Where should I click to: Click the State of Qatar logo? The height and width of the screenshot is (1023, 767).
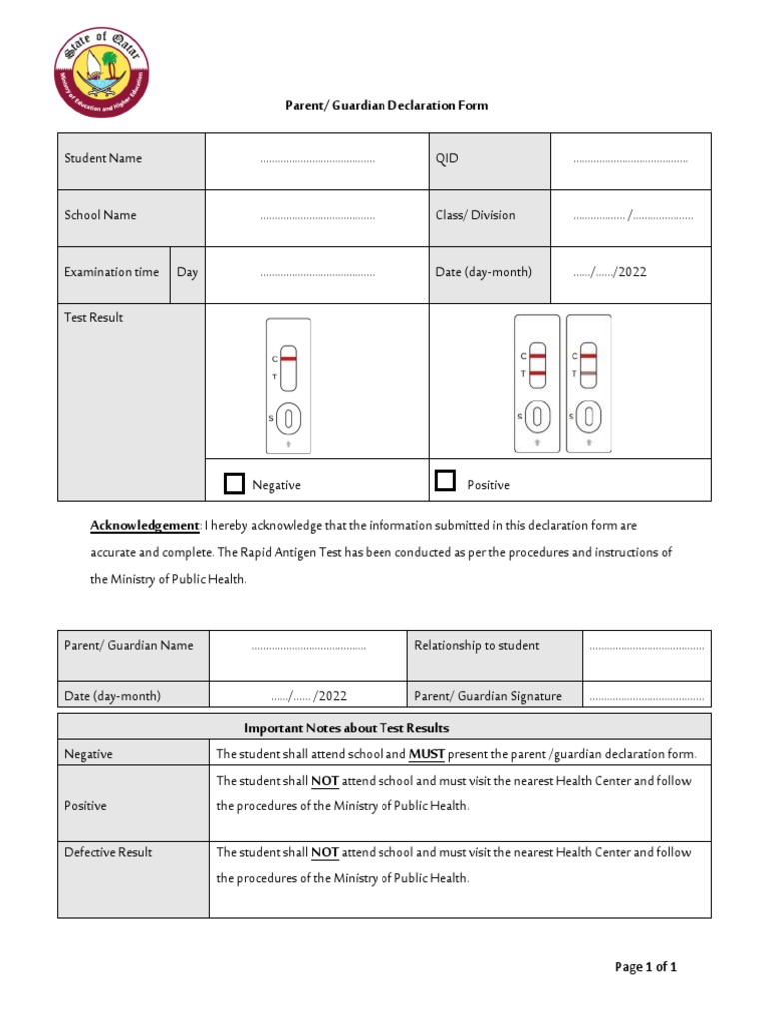click(100, 72)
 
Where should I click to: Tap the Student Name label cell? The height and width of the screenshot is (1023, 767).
click(103, 158)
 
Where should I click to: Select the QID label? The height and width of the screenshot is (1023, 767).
click(447, 158)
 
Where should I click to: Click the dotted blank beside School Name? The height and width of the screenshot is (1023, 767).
click(317, 216)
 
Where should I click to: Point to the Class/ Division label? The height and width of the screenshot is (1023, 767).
click(475, 215)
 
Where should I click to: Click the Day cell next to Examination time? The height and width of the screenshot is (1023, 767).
click(187, 272)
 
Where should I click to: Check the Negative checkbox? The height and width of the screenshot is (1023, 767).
click(234, 484)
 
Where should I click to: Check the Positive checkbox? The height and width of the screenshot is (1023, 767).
click(446, 481)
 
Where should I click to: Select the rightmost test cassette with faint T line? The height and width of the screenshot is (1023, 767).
click(588, 383)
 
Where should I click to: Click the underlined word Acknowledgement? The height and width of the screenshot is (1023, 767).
click(145, 525)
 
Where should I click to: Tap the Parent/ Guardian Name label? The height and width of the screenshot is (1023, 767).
click(129, 645)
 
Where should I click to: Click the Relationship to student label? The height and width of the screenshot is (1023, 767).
click(477, 645)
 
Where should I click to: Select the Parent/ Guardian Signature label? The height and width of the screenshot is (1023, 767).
click(488, 696)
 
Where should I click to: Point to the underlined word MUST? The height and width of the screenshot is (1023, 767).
click(427, 754)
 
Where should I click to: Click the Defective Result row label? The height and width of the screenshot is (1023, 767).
click(108, 852)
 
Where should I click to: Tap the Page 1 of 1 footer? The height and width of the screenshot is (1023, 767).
click(646, 966)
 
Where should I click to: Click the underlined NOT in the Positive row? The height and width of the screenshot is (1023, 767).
click(325, 781)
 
